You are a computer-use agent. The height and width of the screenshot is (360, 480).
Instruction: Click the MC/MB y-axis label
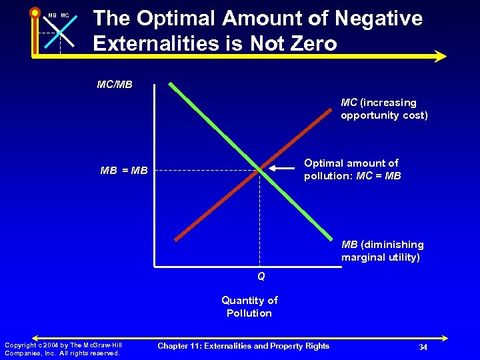(x=115, y=85)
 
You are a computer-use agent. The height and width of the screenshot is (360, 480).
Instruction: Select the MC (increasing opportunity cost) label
(x=384, y=109)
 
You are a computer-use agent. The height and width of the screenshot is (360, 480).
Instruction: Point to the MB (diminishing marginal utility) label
(x=382, y=251)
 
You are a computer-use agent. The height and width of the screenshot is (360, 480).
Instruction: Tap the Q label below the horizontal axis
(x=261, y=276)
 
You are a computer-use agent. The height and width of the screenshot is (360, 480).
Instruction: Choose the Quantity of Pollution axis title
(x=249, y=307)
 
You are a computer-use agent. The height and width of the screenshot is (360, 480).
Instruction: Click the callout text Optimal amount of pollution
(x=352, y=169)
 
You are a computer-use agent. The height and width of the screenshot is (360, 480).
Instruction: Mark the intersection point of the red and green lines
(x=260, y=170)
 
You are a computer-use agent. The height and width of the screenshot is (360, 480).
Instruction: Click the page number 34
(x=422, y=347)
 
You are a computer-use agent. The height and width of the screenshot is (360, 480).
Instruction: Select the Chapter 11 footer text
(x=243, y=345)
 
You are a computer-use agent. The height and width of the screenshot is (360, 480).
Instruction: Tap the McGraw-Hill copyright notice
(x=63, y=349)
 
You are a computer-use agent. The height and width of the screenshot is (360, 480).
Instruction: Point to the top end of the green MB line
(x=171, y=85)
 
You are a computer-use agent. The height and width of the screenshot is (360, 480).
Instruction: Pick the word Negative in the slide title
(x=378, y=19)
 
